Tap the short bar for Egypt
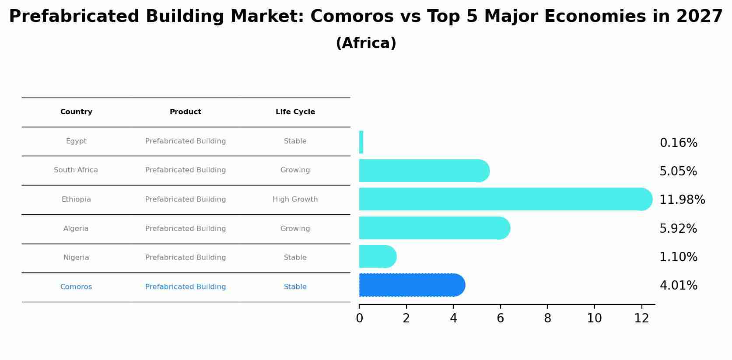361,142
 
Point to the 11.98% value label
682,200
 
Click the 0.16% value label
678,143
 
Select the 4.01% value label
678,286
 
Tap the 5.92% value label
678,229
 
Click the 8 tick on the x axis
547,318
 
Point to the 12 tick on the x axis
641,318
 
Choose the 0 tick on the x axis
359,318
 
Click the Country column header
76,112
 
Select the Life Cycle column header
295,112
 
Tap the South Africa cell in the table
76,170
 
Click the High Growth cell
295,199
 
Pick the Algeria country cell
76,229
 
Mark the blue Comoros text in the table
76,287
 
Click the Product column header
186,112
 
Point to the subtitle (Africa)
366,43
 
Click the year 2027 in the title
699,17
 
